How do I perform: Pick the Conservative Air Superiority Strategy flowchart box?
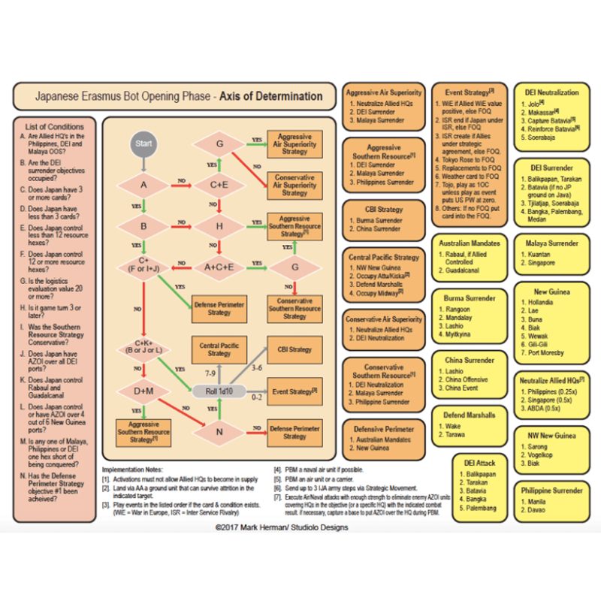tap(294, 186)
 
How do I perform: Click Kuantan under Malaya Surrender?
tap(542, 255)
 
